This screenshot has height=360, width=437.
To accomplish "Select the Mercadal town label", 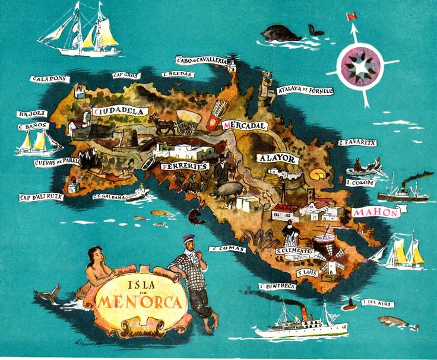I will tap(245, 126).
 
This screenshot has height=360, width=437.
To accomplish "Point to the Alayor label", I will tap(276, 158).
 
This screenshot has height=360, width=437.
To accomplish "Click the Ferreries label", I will tap(185, 167).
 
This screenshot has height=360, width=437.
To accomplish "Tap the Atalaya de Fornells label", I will tap(305, 90).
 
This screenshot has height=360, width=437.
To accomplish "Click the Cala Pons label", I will tap(50, 79).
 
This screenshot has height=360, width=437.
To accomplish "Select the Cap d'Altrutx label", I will tap(41, 197).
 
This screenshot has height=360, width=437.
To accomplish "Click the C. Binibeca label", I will tap(278, 286).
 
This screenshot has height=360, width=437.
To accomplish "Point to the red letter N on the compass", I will tap(351, 17).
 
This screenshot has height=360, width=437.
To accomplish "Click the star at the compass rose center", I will tap(360, 66).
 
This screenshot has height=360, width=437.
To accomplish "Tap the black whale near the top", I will tap(282, 33).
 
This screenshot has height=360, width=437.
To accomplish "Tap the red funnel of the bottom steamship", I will tap(304, 313).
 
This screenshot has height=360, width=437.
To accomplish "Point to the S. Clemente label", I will tap(294, 251).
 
